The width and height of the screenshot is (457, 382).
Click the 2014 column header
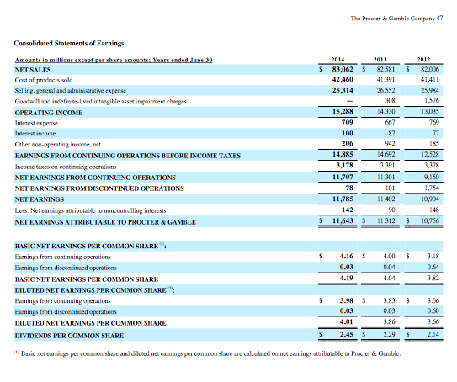coord(341,60)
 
